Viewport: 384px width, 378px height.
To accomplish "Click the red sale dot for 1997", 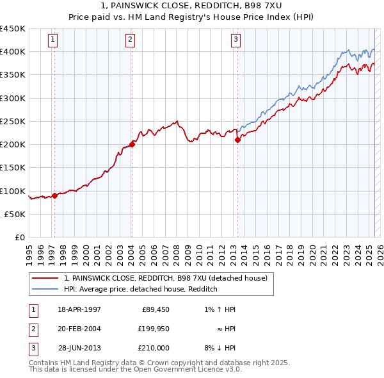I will coord(54,196).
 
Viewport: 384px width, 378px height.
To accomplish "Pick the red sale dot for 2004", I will coord(132,145).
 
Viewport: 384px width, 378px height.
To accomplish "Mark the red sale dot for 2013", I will coord(237,140).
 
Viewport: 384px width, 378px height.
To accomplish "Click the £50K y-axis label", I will coord(15,214).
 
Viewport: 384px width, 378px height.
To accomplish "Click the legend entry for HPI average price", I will coord(141,289).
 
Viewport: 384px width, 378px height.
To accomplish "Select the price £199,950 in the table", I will coord(153,329).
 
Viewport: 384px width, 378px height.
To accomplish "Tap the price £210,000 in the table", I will coord(153,348).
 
